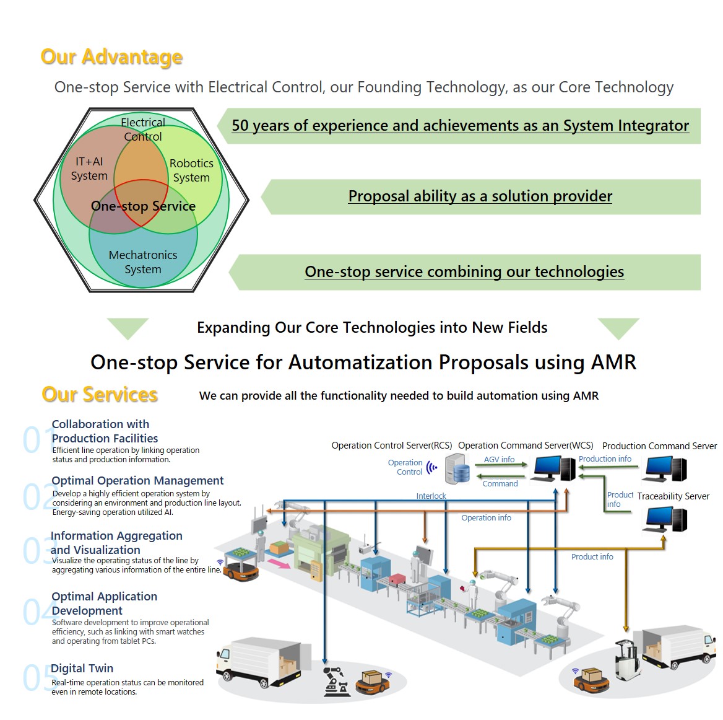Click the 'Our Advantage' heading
[111, 57]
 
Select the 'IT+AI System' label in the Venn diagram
[89, 169]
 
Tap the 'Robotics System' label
[191, 170]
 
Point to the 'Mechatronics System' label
[143, 262]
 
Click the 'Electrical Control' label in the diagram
[143, 130]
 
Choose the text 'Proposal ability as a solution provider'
[480, 196]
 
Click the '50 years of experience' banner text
[460, 126]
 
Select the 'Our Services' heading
[100, 395]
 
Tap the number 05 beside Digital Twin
[35, 677]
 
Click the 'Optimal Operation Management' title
[137, 481]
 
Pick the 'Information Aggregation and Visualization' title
[116, 543]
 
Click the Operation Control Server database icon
[458, 469]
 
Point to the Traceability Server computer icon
[666, 519]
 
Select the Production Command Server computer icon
[666, 469]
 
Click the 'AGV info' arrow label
[500, 460]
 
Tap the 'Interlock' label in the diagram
[431, 496]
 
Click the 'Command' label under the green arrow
[500, 484]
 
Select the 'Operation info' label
[486, 518]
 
